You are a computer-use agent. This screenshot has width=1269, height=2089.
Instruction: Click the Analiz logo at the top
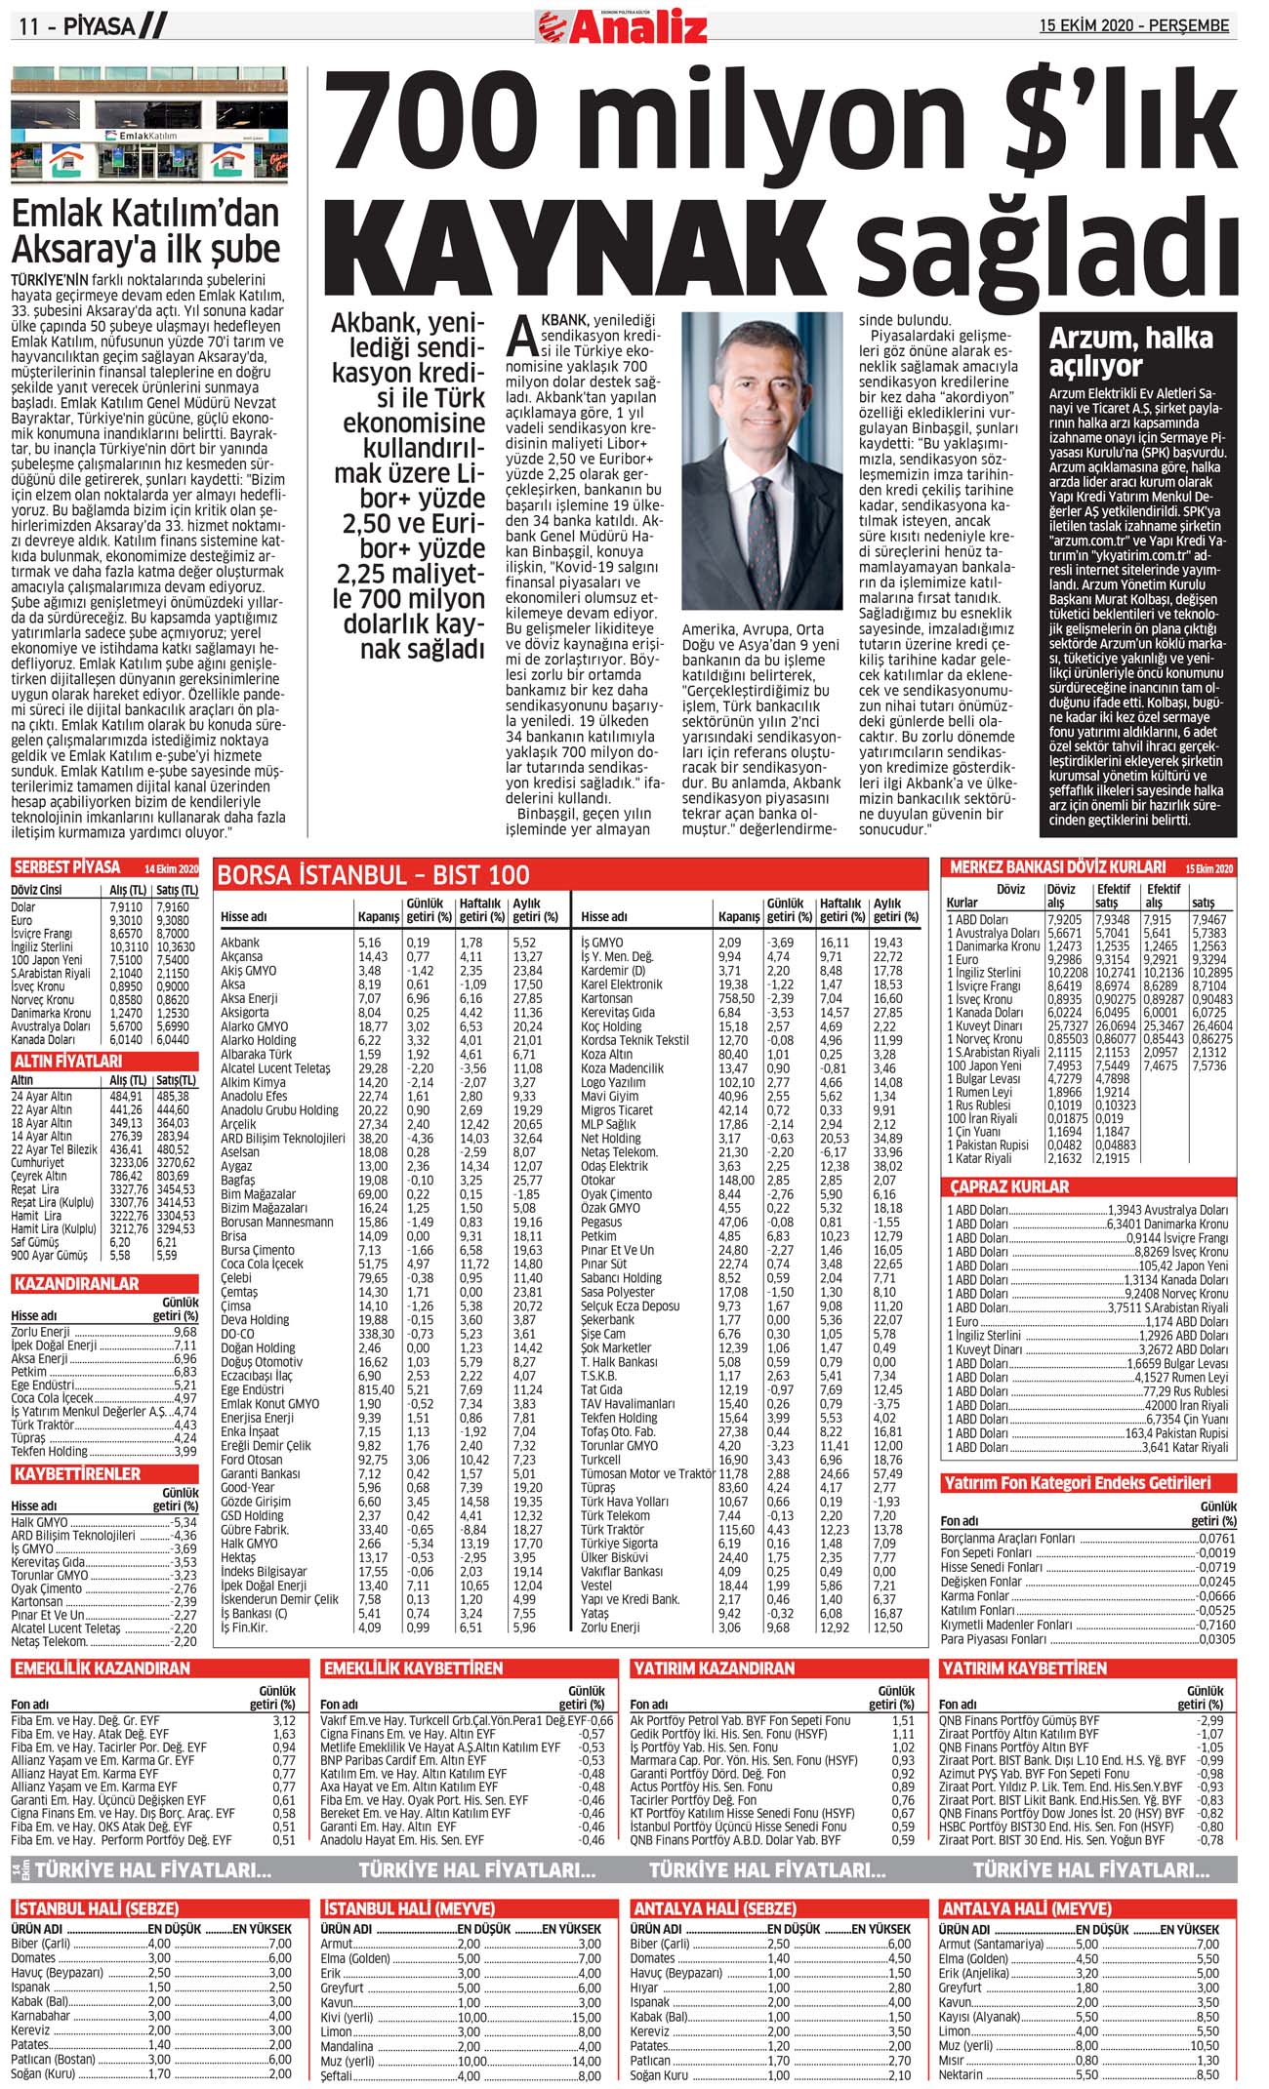622,24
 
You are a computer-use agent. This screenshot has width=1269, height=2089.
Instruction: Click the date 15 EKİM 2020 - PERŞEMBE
1133,25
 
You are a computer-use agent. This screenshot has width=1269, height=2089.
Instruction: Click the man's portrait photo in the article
761,461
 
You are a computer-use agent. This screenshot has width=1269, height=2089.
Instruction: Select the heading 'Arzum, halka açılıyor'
1130,352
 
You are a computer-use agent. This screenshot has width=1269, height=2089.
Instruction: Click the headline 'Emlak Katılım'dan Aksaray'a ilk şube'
146,231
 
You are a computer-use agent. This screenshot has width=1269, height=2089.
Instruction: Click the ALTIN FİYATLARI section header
67,1061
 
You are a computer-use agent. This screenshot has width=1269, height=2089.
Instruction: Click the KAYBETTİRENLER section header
78,1473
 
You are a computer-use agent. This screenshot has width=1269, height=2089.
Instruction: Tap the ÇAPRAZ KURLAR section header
1010,1186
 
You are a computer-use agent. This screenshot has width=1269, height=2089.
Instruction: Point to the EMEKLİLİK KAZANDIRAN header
102,1668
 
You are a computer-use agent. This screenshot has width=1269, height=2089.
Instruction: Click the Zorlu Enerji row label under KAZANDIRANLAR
41,1332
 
